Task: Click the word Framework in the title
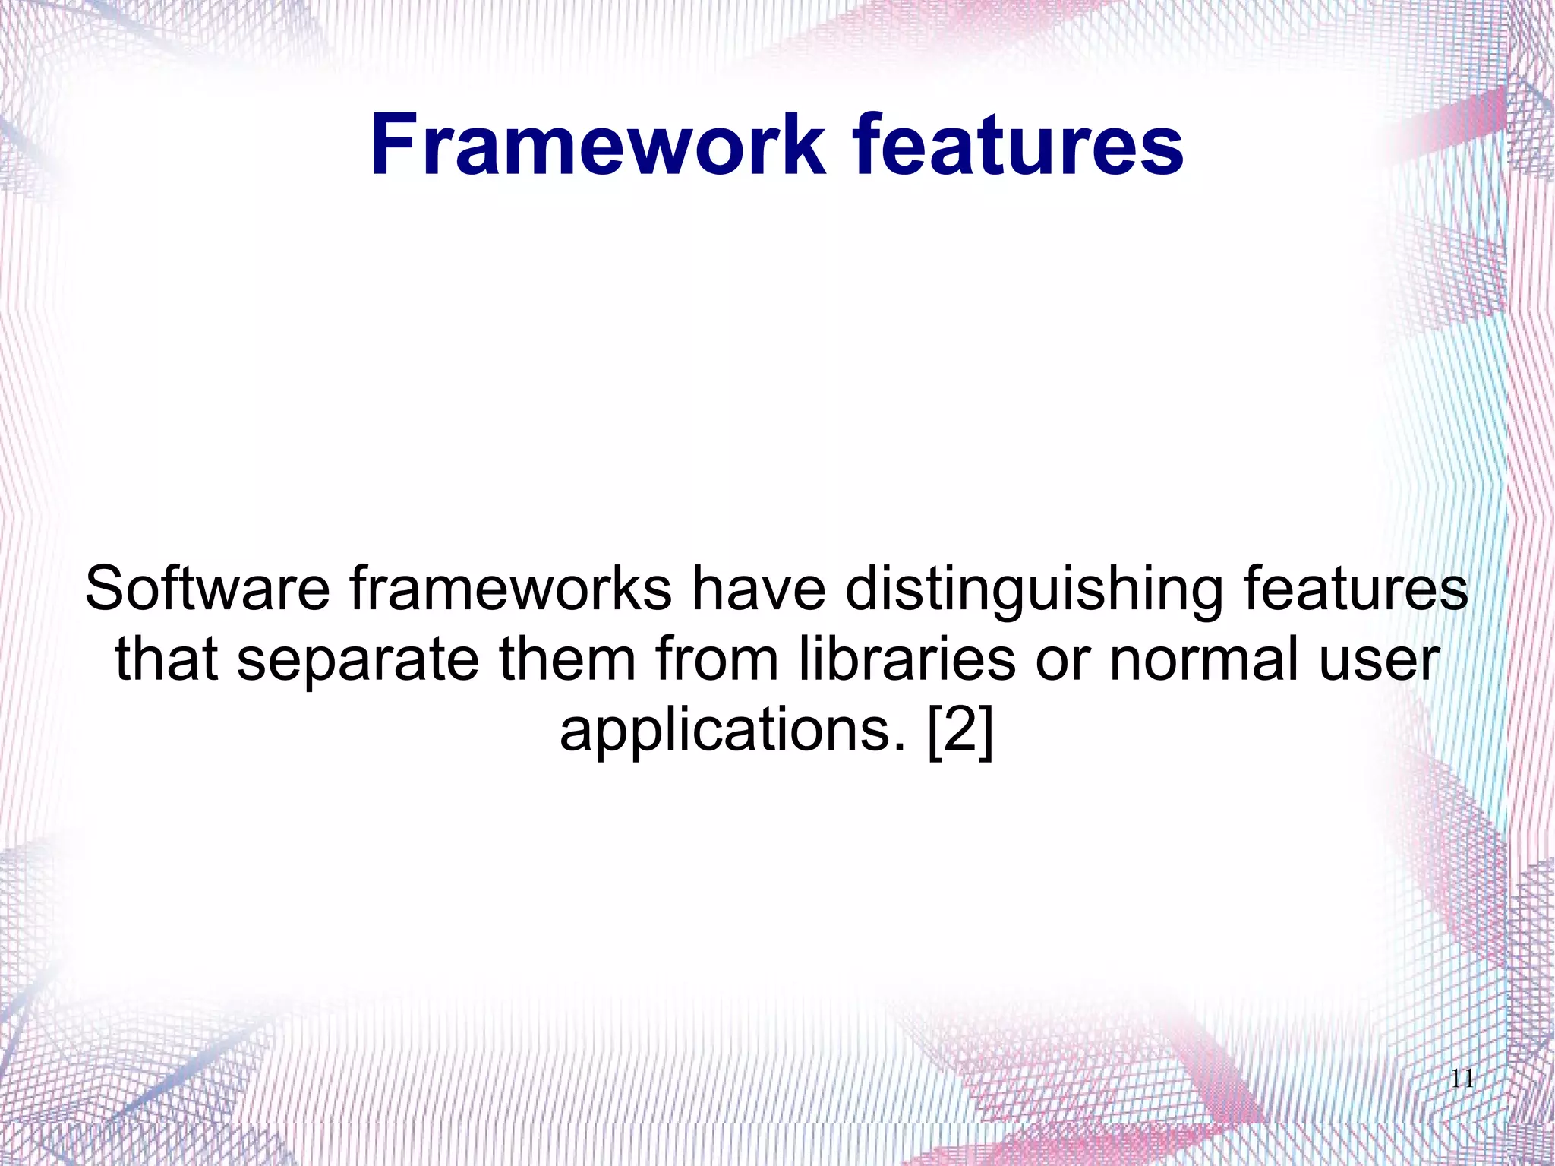(x=597, y=144)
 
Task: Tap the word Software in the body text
(x=207, y=589)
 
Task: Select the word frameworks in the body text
(x=510, y=589)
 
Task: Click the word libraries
(x=907, y=659)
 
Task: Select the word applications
(x=733, y=731)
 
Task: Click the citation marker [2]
(x=960, y=731)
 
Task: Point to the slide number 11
(x=1462, y=1079)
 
